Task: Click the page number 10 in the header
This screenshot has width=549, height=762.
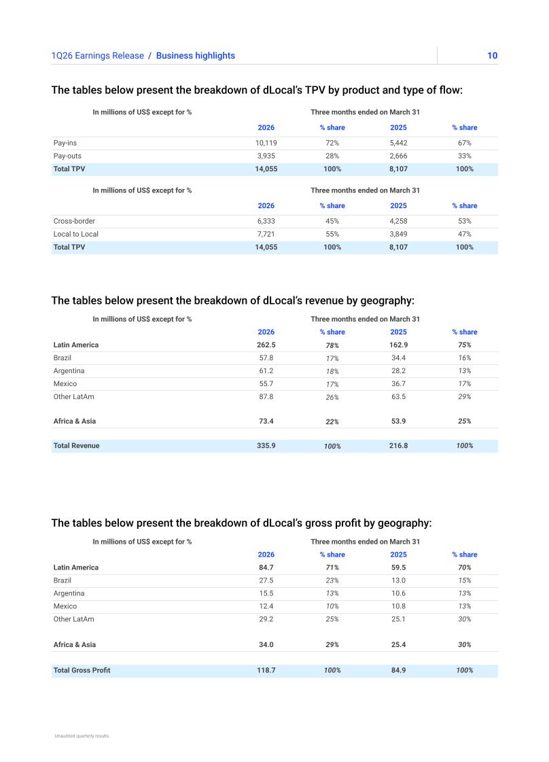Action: pos(492,56)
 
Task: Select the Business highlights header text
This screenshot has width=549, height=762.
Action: pos(195,56)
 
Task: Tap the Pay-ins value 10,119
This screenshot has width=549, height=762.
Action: pos(266,143)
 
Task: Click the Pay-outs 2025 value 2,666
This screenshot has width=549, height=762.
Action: pos(398,156)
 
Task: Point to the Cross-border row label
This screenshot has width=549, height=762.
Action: pos(74,221)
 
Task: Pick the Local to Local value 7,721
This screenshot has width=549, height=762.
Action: pos(266,235)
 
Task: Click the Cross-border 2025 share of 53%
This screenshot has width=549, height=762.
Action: pos(465,221)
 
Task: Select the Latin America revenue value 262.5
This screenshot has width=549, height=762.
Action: pos(266,345)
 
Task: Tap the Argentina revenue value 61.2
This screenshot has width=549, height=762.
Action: pos(266,370)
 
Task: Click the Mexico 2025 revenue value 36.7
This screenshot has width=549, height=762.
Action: pos(398,384)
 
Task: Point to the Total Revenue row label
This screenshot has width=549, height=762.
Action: pos(76,446)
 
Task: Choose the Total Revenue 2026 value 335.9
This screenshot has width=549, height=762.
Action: pos(266,446)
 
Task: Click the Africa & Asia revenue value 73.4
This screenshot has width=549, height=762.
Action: pos(266,421)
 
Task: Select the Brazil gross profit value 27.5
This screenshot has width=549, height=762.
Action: pos(266,581)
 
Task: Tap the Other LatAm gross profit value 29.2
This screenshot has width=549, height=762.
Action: pos(266,619)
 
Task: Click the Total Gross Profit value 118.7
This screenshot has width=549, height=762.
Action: pos(266,670)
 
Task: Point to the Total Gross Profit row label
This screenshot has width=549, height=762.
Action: pos(82,670)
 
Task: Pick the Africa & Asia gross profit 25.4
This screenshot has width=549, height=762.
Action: pos(398,645)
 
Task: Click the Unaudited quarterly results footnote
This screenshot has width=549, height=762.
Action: pos(82,735)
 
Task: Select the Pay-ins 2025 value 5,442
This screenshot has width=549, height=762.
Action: pos(398,143)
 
